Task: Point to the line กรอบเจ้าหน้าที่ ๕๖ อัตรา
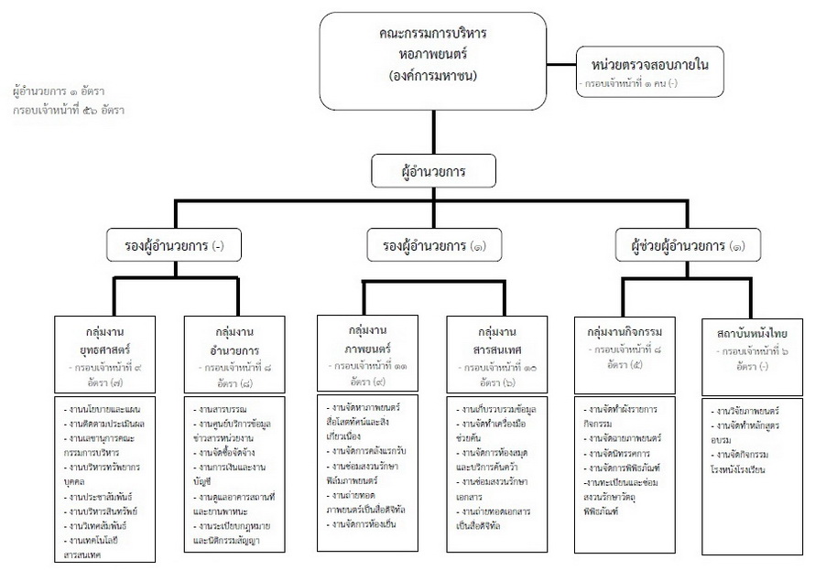pyautogui.click(x=69, y=110)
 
